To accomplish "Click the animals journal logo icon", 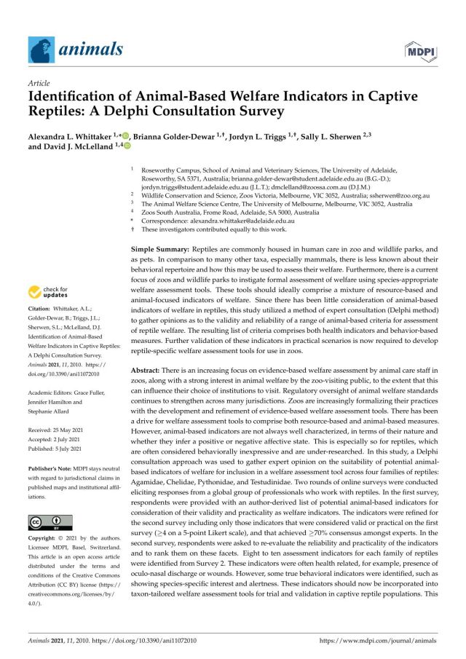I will coord(41,50).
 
